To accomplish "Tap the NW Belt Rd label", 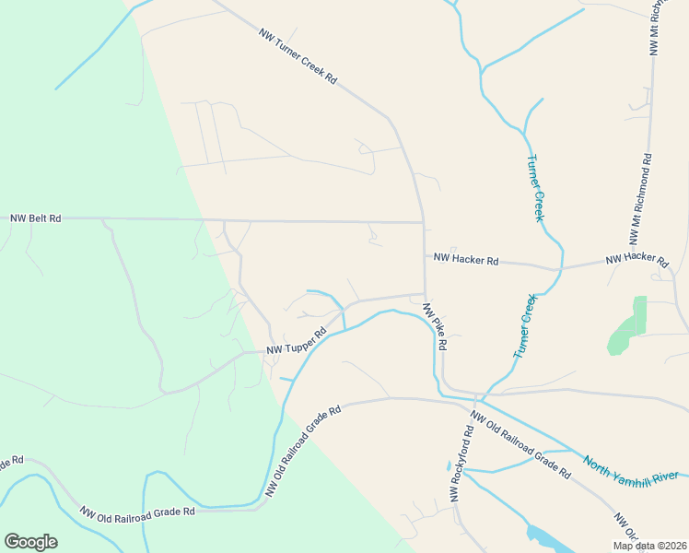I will click(36, 218).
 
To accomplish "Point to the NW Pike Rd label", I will click(435, 326).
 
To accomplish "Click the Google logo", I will click(30, 542).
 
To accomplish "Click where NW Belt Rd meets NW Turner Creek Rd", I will click(423, 222).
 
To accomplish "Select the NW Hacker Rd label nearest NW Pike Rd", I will click(466, 260).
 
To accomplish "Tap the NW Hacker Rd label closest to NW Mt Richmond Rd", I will click(636, 260).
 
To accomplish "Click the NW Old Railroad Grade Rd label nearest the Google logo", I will click(137, 512).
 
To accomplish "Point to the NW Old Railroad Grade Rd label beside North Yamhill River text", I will click(520, 443).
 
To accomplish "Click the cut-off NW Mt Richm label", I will click(656, 32).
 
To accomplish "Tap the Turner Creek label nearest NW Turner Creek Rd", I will click(535, 188).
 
